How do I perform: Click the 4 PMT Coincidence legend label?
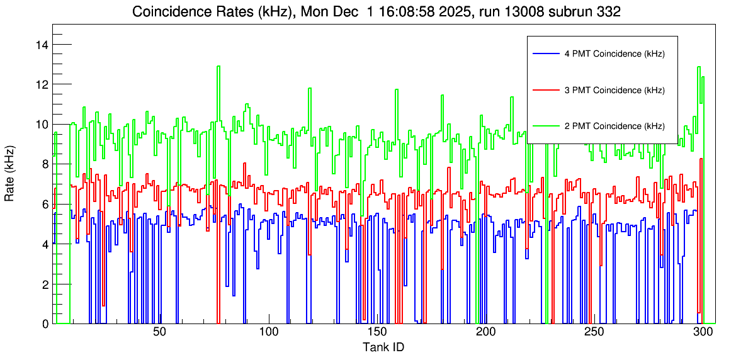coord(614,54)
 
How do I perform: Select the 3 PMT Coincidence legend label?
coord(614,90)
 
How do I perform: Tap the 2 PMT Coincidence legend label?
coord(614,126)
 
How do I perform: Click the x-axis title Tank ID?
coord(383,347)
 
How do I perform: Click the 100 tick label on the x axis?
coord(269,332)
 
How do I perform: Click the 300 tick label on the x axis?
coord(703,332)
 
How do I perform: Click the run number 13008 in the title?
coord(520,12)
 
